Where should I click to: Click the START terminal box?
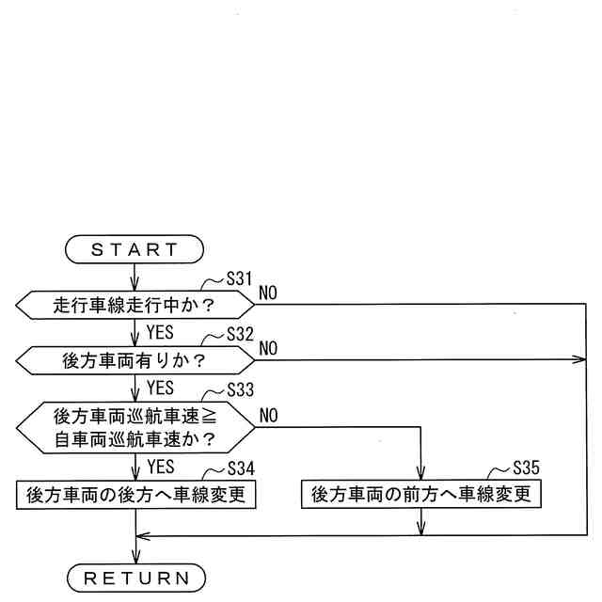(135, 249)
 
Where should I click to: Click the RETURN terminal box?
(135, 577)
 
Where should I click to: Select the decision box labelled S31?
(135, 305)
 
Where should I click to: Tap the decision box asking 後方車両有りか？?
(135, 358)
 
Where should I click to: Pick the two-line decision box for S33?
(135, 425)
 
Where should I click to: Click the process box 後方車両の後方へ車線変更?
(135, 494)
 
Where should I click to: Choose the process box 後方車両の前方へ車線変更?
(420, 494)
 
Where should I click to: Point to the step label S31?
(242, 280)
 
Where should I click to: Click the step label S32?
(242, 334)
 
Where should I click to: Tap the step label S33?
(242, 388)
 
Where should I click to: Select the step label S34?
(242, 467)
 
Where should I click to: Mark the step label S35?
(528, 467)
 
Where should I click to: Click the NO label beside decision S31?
(268, 293)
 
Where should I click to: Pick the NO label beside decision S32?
(268, 348)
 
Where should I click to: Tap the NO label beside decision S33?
(268, 415)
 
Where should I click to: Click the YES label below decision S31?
(160, 331)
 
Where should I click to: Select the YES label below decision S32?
(160, 386)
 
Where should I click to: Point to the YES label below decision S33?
(160, 466)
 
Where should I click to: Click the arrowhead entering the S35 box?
(420, 475)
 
